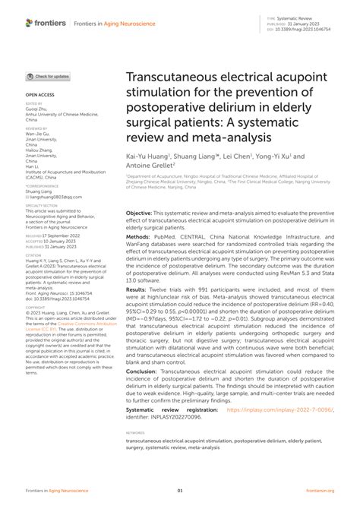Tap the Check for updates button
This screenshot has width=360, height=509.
pos(49,77)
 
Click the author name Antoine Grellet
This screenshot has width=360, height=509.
pos(149,165)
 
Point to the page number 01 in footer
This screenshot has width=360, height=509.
pos(180,491)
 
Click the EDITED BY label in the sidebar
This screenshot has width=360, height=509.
pos(34,103)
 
